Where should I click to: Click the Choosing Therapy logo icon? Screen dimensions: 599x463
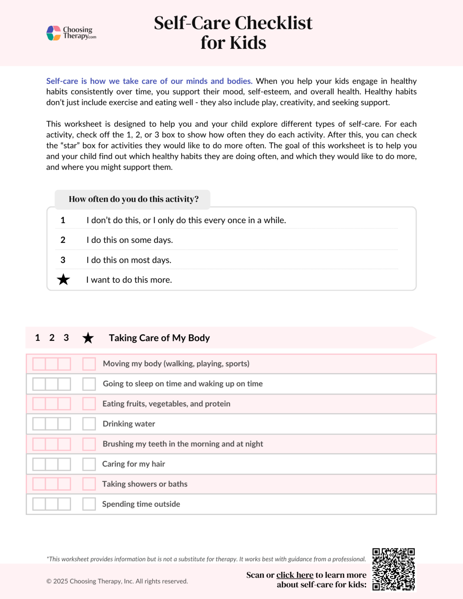click(53, 33)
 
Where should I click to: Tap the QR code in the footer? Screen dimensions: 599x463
click(393, 570)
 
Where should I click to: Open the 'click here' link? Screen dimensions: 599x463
click(294, 575)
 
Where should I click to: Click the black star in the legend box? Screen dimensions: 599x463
click(63, 280)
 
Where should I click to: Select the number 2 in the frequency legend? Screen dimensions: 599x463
click(63, 240)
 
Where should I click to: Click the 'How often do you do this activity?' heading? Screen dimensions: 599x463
click(133, 199)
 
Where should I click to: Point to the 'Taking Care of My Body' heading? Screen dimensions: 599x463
click(159, 338)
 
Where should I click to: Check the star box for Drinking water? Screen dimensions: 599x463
click(89, 424)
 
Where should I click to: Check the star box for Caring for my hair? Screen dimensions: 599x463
click(89, 464)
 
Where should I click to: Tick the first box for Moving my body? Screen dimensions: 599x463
click(39, 364)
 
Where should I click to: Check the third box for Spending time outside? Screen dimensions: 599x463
click(64, 504)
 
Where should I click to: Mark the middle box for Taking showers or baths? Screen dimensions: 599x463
click(51, 484)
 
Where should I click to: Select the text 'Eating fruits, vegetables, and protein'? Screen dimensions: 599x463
click(166, 404)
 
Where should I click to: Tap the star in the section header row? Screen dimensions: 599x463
click(88, 338)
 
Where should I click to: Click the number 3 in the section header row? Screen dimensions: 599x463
click(66, 338)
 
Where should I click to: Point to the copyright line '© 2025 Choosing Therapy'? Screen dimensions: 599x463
click(117, 581)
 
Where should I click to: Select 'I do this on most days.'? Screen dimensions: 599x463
click(129, 260)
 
